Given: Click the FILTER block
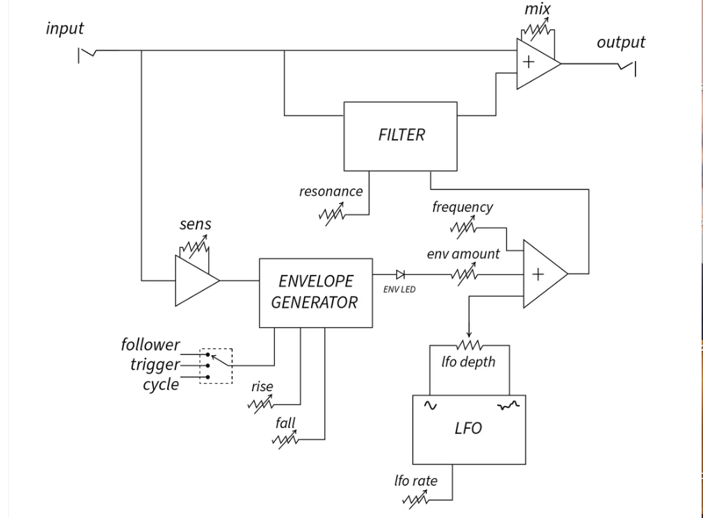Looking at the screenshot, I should pyautogui.click(x=401, y=136).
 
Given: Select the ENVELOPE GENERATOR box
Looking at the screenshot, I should pyautogui.click(x=315, y=292).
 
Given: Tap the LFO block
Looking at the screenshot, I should pyautogui.click(x=468, y=429).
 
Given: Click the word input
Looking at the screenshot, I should pyautogui.click(x=65, y=29).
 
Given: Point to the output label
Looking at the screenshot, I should pyautogui.click(x=621, y=42).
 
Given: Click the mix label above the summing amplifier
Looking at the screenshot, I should pyautogui.click(x=537, y=9).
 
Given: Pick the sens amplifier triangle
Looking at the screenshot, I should pyautogui.click(x=195, y=281).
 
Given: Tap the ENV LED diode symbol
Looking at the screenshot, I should pyautogui.click(x=400, y=275).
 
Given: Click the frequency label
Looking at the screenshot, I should pyautogui.click(x=462, y=207).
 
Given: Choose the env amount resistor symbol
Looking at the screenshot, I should pyautogui.click(x=464, y=275).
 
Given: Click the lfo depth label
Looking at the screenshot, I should pyautogui.click(x=468, y=362).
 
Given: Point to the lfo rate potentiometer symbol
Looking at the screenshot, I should pyautogui.click(x=416, y=499).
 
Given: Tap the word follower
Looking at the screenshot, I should pyautogui.click(x=150, y=345).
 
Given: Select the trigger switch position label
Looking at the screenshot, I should pyautogui.click(x=155, y=365).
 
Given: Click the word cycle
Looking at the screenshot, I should pyautogui.click(x=161, y=385).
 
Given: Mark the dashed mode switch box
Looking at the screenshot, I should pyautogui.click(x=216, y=366).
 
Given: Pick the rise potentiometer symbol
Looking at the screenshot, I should pyautogui.click(x=262, y=403).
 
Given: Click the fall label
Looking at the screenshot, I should pyautogui.click(x=285, y=423).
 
